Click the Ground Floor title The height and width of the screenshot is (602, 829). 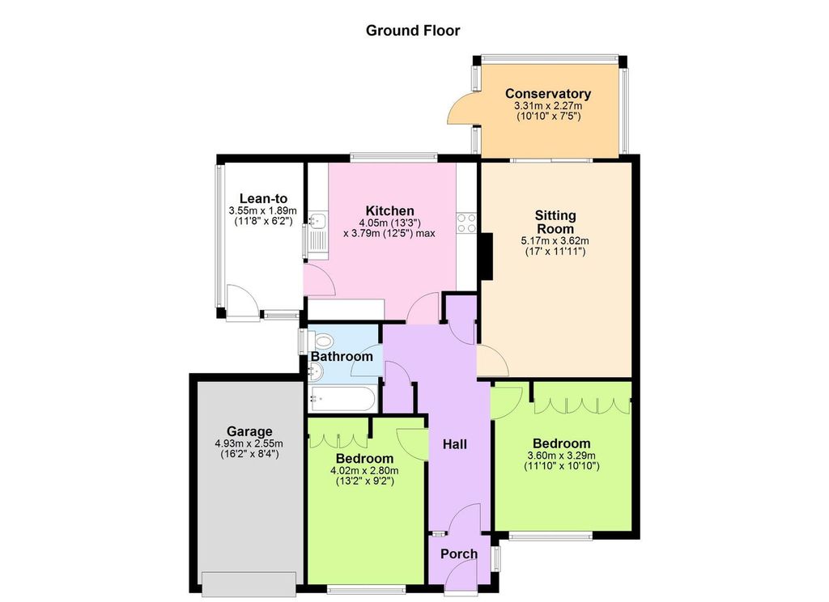click(413, 31)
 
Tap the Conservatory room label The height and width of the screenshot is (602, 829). click(548, 94)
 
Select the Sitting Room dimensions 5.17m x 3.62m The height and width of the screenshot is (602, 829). click(555, 240)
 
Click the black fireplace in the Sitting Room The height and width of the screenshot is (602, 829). click(486, 256)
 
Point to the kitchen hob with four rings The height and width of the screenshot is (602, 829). click(466, 223)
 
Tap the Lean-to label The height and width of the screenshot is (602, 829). click(263, 198)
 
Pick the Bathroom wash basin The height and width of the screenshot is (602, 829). click(315, 372)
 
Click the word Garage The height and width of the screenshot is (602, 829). click(249, 431)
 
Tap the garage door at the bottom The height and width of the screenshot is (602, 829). click(249, 584)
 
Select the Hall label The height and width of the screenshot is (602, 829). click(454, 444)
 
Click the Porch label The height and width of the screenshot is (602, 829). click(458, 554)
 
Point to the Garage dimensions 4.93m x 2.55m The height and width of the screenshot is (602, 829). click(249, 443)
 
